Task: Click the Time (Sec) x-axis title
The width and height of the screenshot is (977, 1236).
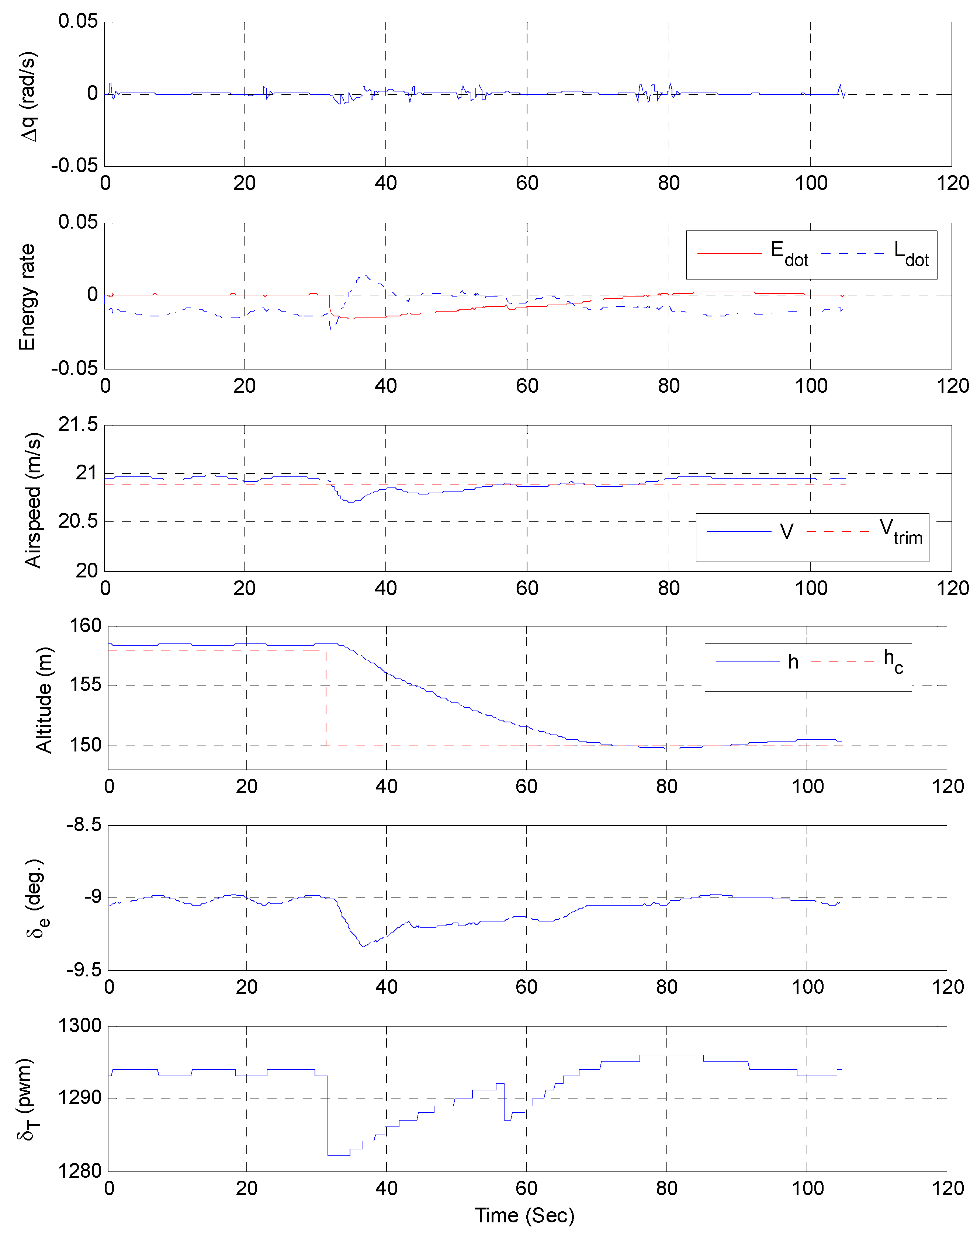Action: click(524, 1215)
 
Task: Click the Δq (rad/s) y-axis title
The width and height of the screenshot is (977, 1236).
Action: click(27, 96)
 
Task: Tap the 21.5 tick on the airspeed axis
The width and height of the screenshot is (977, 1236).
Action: click(78, 424)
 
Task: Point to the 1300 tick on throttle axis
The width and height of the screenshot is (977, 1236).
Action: click(80, 1025)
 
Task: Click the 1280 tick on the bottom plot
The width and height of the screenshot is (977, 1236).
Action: click(80, 1171)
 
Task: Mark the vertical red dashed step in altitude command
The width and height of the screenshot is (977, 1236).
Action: click(326, 698)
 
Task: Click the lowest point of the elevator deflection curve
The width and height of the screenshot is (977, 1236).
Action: click(363, 946)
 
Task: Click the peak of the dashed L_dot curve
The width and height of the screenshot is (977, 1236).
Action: click(364, 276)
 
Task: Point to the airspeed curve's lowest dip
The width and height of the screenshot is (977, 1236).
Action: click(351, 501)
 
